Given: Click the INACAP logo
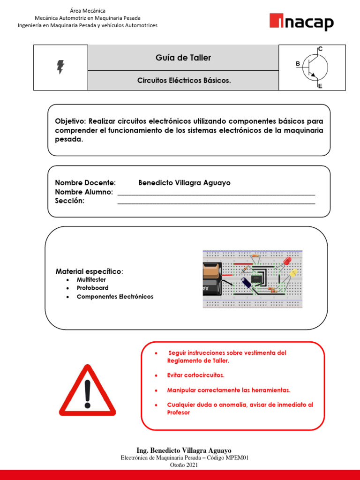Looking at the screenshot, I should [x=301, y=22].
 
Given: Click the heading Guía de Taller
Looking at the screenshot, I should [x=183, y=58].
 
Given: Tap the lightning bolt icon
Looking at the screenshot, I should [x=60, y=67].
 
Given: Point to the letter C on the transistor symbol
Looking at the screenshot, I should [x=320, y=49].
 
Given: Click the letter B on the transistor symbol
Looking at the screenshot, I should [x=298, y=65].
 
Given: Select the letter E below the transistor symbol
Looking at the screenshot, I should [x=320, y=86].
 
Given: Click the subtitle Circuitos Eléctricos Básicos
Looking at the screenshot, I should [x=184, y=81].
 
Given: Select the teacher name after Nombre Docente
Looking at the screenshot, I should [x=184, y=183].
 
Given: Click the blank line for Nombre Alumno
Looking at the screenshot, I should [x=216, y=193].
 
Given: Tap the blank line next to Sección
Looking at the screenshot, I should [x=216, y=202].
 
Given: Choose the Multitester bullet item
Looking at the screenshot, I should [x=91, y=280].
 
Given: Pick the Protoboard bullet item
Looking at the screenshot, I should [x=92, y=288].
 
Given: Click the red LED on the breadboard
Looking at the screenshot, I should [x=287, y=261].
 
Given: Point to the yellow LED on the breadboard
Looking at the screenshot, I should [x=293, y=272].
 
